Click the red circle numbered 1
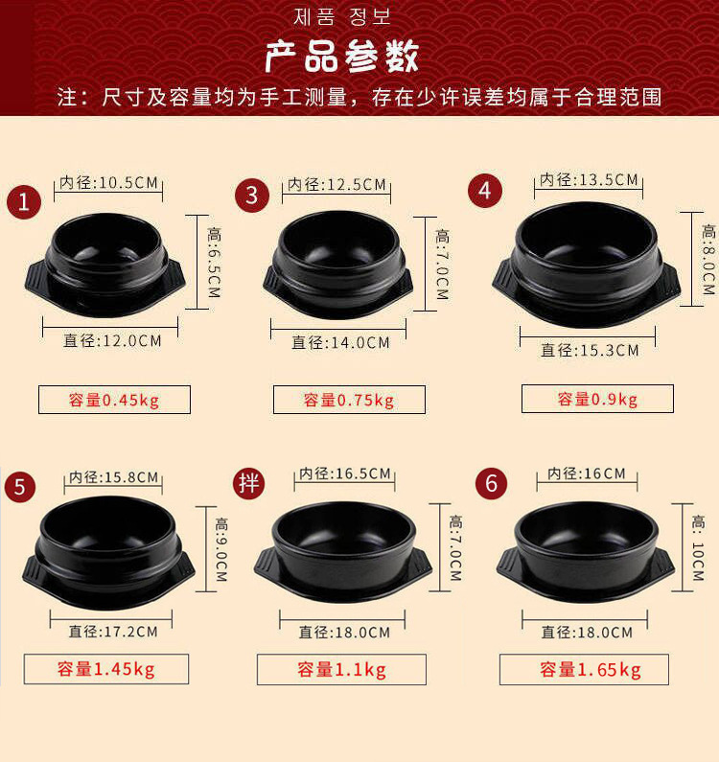point(24,201)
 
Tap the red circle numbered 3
point(252,196)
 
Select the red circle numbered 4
point(485,191)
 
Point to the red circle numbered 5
point(20,487)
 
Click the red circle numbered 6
point(492,483)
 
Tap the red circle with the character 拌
point(249,483)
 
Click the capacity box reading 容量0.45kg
point(114,400)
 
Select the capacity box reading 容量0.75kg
point(349,400)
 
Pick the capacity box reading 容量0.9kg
point(597,399)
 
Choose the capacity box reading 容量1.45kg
point(106,669)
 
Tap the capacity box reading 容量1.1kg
point(341,670)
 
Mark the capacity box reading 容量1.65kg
point(584,670)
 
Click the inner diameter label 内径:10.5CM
point(109,183)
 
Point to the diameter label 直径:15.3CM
point(590,350)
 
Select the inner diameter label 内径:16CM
point(587,473)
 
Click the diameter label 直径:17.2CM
point(113,632)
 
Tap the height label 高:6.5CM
point(214,263)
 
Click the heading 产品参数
point(341,57)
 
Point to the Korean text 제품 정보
point(341,17)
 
